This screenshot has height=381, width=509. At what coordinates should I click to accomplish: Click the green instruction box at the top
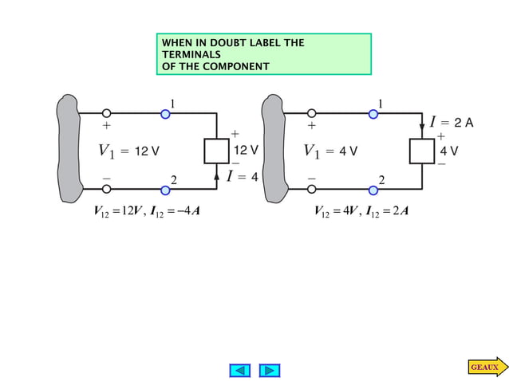263,54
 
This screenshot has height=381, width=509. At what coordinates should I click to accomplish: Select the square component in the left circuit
217,151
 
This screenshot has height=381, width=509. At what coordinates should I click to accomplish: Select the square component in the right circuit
422,151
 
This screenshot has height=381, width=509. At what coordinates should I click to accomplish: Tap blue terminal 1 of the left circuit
165,114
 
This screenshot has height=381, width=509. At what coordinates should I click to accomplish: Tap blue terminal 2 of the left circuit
165,190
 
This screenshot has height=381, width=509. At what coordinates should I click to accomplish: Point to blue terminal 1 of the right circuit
373,114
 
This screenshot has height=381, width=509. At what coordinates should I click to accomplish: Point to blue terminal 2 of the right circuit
373,190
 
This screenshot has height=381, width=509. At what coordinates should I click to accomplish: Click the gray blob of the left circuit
69,151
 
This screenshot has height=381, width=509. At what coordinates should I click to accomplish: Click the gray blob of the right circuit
274,151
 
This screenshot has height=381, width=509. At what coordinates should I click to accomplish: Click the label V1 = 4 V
330,151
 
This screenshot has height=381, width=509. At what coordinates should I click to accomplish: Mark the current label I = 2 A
452,123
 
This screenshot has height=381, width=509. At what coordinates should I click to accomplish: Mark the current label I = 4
243,176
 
